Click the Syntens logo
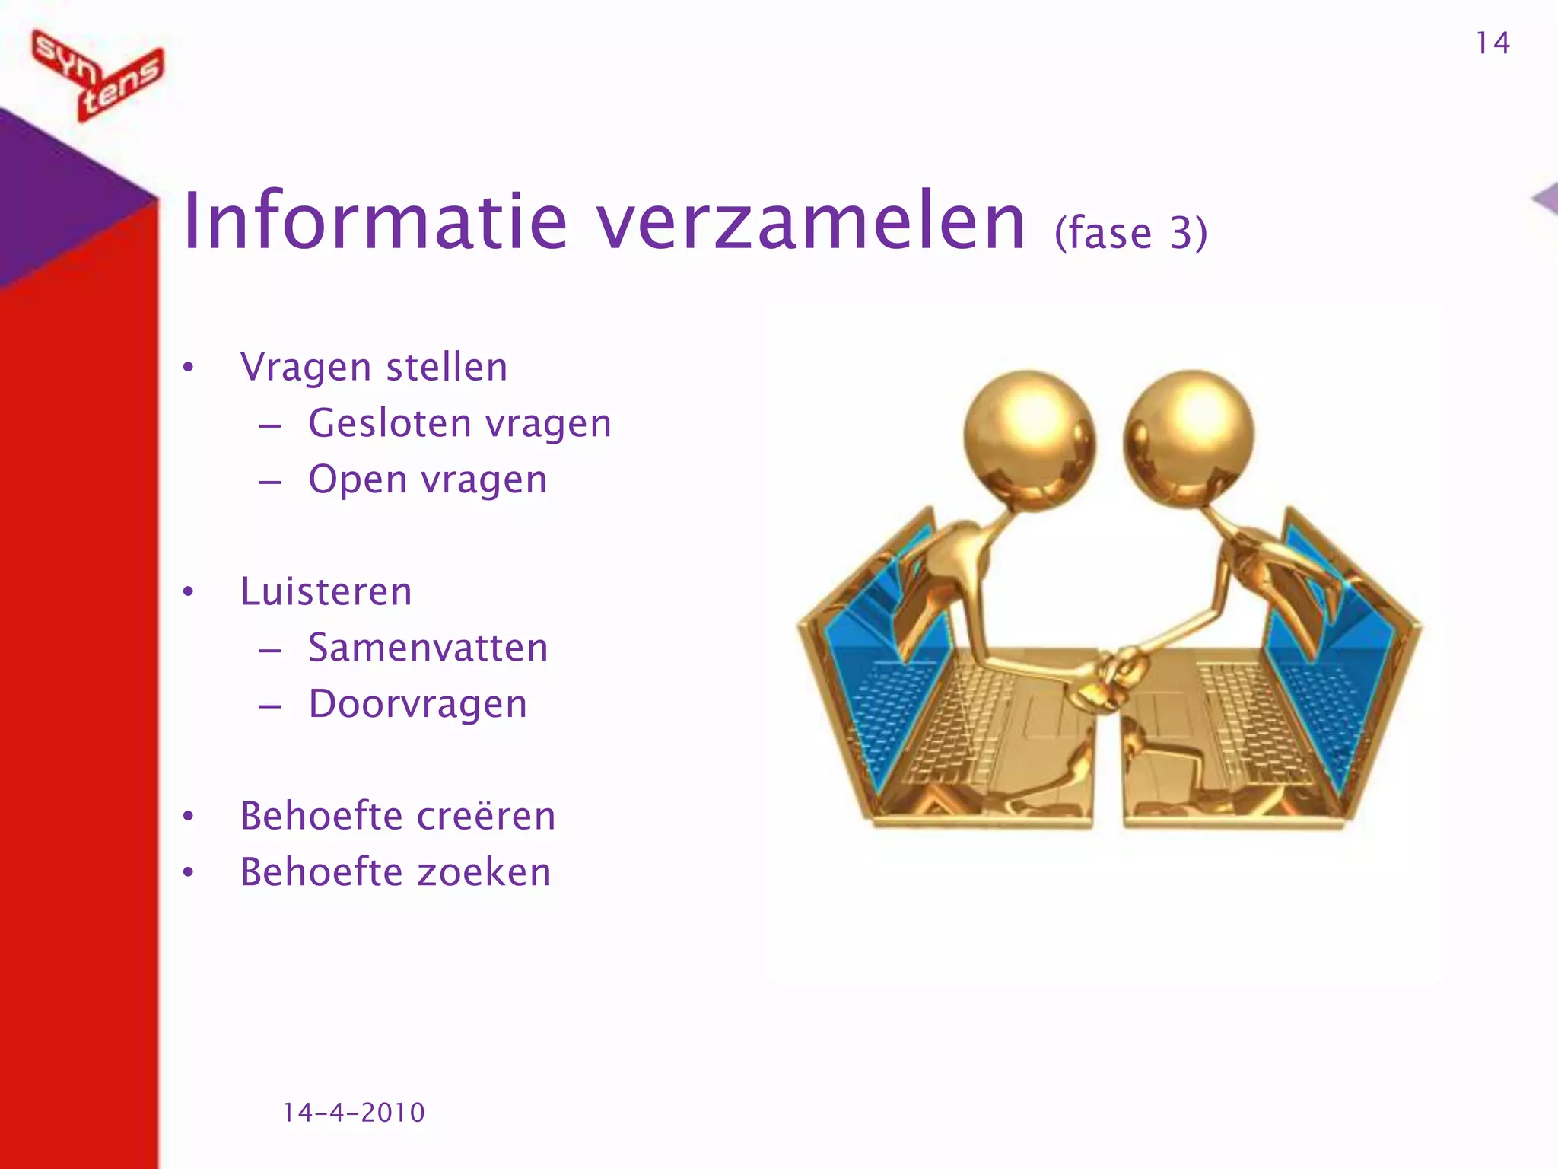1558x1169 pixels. click(97, 75)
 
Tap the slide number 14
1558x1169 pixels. click(1493, 43)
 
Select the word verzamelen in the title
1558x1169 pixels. click(811, 221)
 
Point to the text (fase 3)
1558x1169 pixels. click(1130, 232)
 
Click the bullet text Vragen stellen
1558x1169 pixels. click(374, 368)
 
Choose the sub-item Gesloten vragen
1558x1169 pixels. click(459, 424)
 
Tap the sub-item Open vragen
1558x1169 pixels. click(428, 480)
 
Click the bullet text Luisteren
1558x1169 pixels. click(326, 592)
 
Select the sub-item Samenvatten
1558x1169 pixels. click(428, 648)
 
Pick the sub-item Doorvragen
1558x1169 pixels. click(418, 704)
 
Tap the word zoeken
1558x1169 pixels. click(485, 872)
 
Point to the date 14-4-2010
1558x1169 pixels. click(354, 1113)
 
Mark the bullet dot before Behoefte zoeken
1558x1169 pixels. click(189, 872)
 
